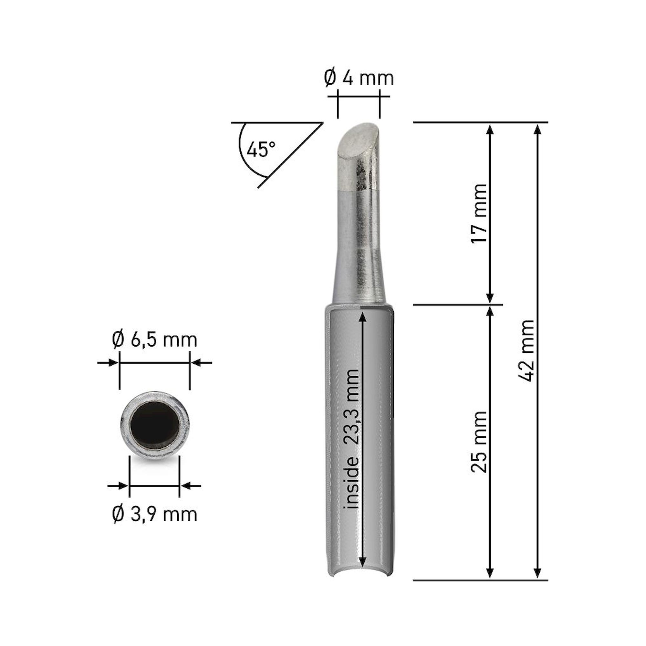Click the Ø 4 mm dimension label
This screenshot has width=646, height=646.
(x=359, y=78)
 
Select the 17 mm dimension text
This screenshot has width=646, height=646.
(x=479, y=213)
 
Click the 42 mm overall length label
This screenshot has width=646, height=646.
(x=526, y=350)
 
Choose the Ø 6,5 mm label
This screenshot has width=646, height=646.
(x=154, y=340)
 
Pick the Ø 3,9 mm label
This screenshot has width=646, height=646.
(x=154, y=514)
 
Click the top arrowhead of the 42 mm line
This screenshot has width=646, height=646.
(x=537, y=129)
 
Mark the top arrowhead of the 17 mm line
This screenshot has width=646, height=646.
(x=490, y=129)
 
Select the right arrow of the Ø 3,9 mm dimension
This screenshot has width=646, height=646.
(x=186, y=486)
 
